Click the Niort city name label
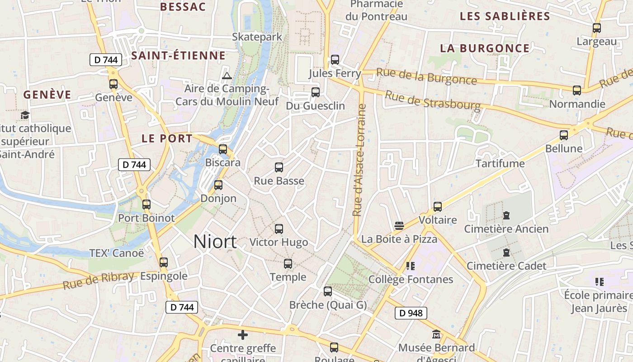coord(215,242)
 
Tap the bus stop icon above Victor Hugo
coord(279,229)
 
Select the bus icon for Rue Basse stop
coord(279,167)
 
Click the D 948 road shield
coord(411,313)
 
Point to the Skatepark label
coord(257,37)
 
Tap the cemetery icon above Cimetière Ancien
coord(506,215)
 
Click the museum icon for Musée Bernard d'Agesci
coord(436,334)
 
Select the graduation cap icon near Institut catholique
coord(25,115)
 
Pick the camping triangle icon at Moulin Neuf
coord(227,75)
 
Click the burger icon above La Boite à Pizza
coord(399,225)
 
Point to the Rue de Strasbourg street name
coord(432,100)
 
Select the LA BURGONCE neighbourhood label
coord(485,48)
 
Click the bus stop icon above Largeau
coord(597,28)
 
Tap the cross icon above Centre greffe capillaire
coord(243,335)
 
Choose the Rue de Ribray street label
coord(99,281)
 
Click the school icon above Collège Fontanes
coord(411,266)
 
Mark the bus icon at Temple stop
coord(288,264)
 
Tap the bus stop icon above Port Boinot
coord(146,205)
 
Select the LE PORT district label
coord(167,138)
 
